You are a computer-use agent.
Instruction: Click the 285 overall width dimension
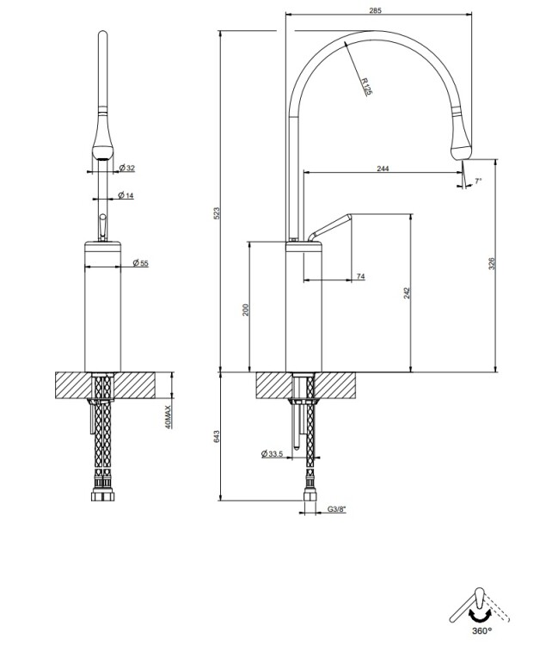pyautogui.click(x=376, y=10)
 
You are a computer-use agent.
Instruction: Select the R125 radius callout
pyautogui.click(x=365, y=87)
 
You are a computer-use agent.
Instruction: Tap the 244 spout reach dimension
pyautogui.click(x=383, y=169)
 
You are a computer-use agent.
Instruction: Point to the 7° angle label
pyautogui.click(x=478, y=182)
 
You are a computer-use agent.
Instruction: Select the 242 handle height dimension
pyautogui.click(x=405, y=292)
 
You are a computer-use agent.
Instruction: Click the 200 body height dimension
pyautogui.click(x=245, y=310)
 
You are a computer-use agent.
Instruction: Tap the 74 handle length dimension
pyautogui.click(x=360, y=276)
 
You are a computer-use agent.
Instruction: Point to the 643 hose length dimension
pyautogui.click(x=217, y=436)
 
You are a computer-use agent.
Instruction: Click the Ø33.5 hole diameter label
pyautogui.click(x=273, y=454)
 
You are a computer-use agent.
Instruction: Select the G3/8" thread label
pyautogui.click(x=336, y=509)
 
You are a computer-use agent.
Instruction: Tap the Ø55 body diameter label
pyautogui.click(x=141, y=263)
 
